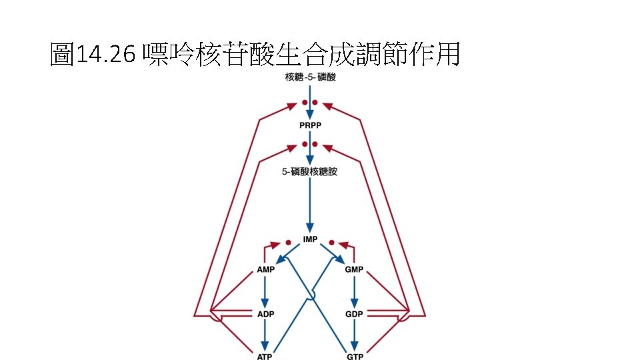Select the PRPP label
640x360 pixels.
click(x=310, y=125)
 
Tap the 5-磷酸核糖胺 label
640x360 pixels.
click(x=310, y=172)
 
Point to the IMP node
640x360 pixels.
click(x=310, y=239)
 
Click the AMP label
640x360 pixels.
click(x=265, y=270)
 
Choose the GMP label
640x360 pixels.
click(x=354, y=270)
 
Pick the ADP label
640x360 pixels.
click(x=265, y=314)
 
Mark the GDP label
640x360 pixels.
click(x=354, y=314)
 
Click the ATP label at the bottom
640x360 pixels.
click(x=265, y=356)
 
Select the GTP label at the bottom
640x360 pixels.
click(x=354, y=356)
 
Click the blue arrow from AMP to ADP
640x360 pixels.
click(x=265, y=292)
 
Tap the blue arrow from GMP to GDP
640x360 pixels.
click(x=354, y=292)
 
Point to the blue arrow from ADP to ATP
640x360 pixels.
click(x=265, y=335)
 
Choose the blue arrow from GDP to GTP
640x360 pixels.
click(x=354, y=335)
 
